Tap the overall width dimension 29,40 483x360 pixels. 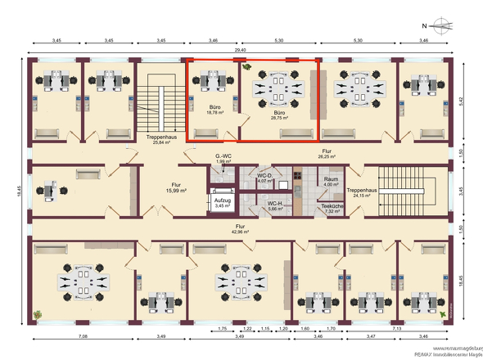point(241,50)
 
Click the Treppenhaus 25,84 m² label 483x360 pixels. point(159,140)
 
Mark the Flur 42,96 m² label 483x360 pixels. point(241,229)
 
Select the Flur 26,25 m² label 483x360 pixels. point(327,155)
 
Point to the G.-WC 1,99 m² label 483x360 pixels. point(224,158)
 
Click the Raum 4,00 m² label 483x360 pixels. point(331,182)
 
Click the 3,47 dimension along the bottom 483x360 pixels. point(371,336)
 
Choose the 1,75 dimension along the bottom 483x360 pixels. point(222,328)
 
